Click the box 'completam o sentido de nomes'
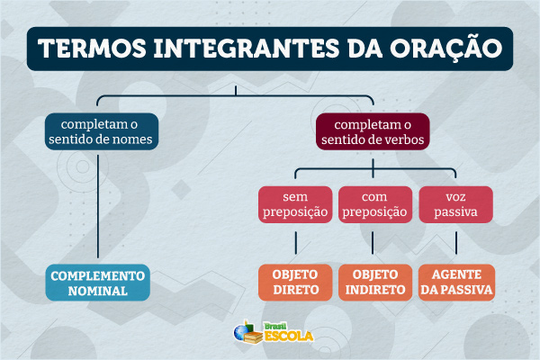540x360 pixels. click(102, 131)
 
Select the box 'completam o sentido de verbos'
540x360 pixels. click(372, 131)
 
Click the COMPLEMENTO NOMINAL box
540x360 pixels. click(96, 283)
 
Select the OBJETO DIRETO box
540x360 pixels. click(295, 283)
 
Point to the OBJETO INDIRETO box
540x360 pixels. click(373, 283)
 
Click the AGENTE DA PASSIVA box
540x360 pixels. click(455, 283)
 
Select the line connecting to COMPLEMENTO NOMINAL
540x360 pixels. click(97, 207)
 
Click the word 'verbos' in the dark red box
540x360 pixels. click(401, 140)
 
